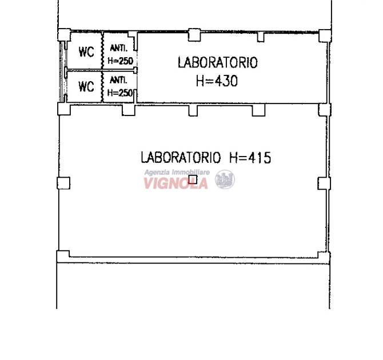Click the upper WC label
[x=86, y=52]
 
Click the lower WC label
[x=86, y=86]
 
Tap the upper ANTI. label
[x=119, y=48]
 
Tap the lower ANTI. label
[x=118, y=80]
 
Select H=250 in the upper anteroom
[x=121, y=61]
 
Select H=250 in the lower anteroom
[x=120, y=93]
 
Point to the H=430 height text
[x=217, y=81]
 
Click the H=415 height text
[x=250, y=158]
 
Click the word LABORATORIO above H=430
[x=218, y=62]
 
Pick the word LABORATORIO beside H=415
[x=181, y=157]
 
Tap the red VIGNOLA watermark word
[x=175, y=183]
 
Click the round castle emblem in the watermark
[x=225, y=179]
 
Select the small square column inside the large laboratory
[x=193, y=179]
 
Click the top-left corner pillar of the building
[x=64, y=35]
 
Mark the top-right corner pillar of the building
[x=325, y=36]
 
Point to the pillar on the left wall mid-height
[x=63, y=183]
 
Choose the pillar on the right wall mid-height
[x=324, y=183]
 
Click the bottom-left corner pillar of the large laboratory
[x=63, y=257]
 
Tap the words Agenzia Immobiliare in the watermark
[x=177, y=173]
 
